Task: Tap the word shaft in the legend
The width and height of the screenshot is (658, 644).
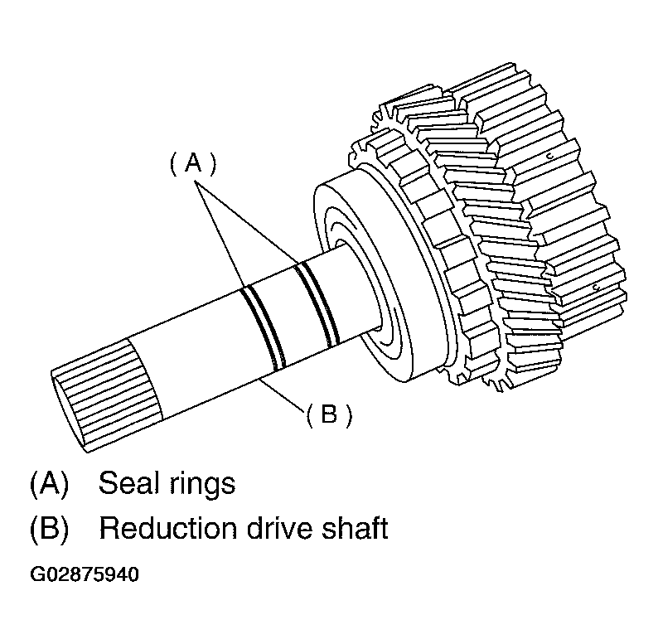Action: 353,529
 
